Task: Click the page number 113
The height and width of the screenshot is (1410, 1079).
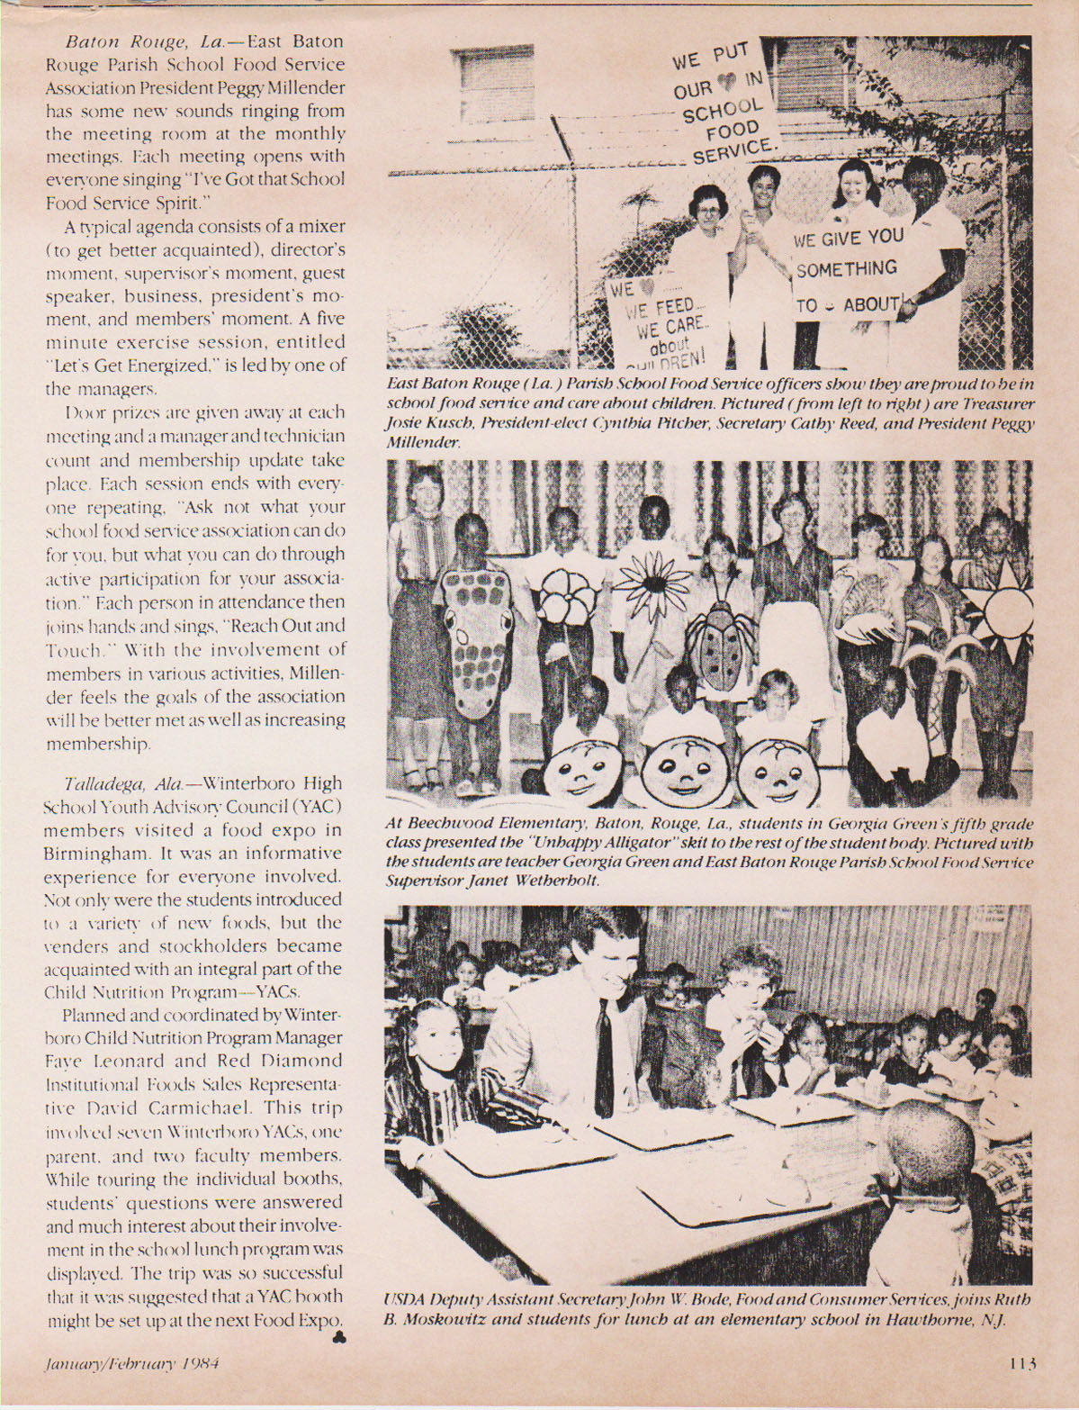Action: coord(1023,1362)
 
